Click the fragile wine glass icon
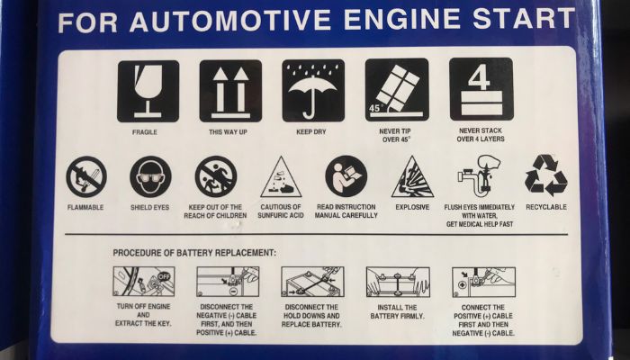click(148, 91)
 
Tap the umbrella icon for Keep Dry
click(313, 90)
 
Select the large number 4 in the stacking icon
click(479, 76)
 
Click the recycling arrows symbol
click(546, 175)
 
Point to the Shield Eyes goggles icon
click(150, 176)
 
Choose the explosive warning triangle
click(412, 176)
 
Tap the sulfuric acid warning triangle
click(281, 176)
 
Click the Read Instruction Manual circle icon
click(346, 176)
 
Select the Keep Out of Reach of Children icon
click(216, 176)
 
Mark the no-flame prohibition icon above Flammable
click(86, 176)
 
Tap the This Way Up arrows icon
click(230, 91)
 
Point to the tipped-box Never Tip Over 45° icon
click(397, 90)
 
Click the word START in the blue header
click(524, 19)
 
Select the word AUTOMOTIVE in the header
click(230, 21)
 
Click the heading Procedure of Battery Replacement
click(194, 253)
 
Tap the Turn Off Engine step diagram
click(144, 282)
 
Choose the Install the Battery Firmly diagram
click(398, 282)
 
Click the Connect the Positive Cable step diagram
click(483, 282)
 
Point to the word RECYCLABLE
click(546, 207)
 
